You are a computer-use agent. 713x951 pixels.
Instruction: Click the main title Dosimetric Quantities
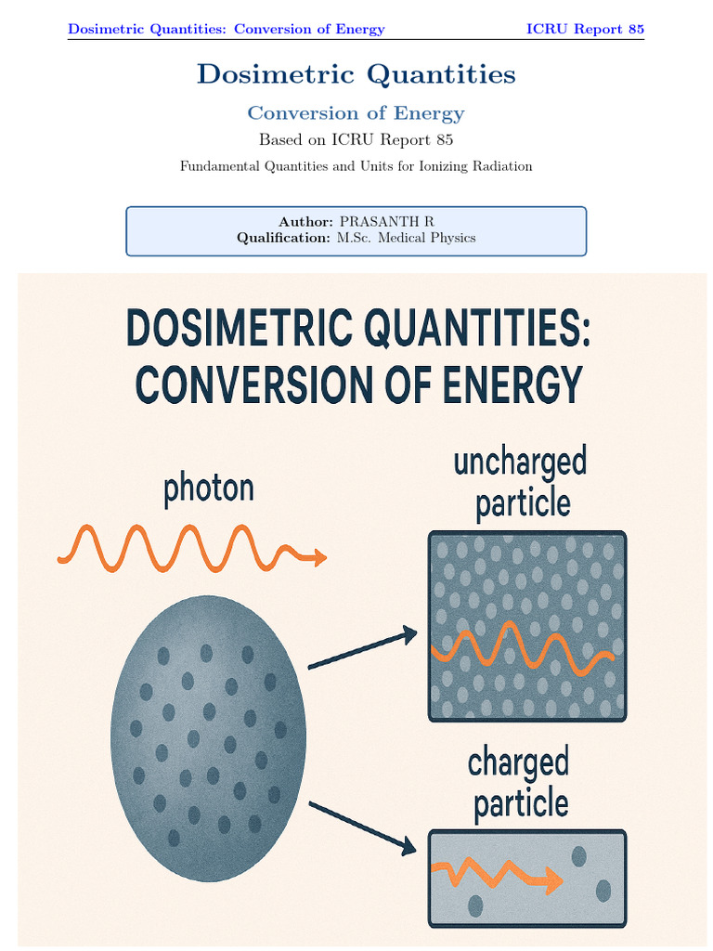pyautogui.click(x=356, y=74)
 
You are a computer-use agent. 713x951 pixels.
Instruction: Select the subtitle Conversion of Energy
pyautogui.click(x=356, y=113)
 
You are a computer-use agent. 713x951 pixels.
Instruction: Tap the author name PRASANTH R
pyautogui.click(x=386, y=222)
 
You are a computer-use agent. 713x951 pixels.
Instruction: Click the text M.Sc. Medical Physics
pyautogui.click(x=406, y=238)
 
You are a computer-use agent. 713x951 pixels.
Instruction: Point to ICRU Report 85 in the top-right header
pyautogui.click(x=585, y=29)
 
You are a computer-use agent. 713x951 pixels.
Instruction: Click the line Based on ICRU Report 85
pyautogui.click(x=356, y=140)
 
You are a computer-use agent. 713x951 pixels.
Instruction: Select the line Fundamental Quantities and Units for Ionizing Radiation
pyautogui.click(x=356, y=166)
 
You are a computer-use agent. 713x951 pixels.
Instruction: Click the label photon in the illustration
pyautogui.click(x=208, y=489)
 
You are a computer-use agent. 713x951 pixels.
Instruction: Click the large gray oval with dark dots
pyautogui.click(x=208, y=738)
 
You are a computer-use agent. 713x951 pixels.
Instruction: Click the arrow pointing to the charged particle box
pyautogui.click(x=362, y=827)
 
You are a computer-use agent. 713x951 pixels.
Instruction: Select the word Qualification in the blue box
pyautogui.click(x=283, y=238)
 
